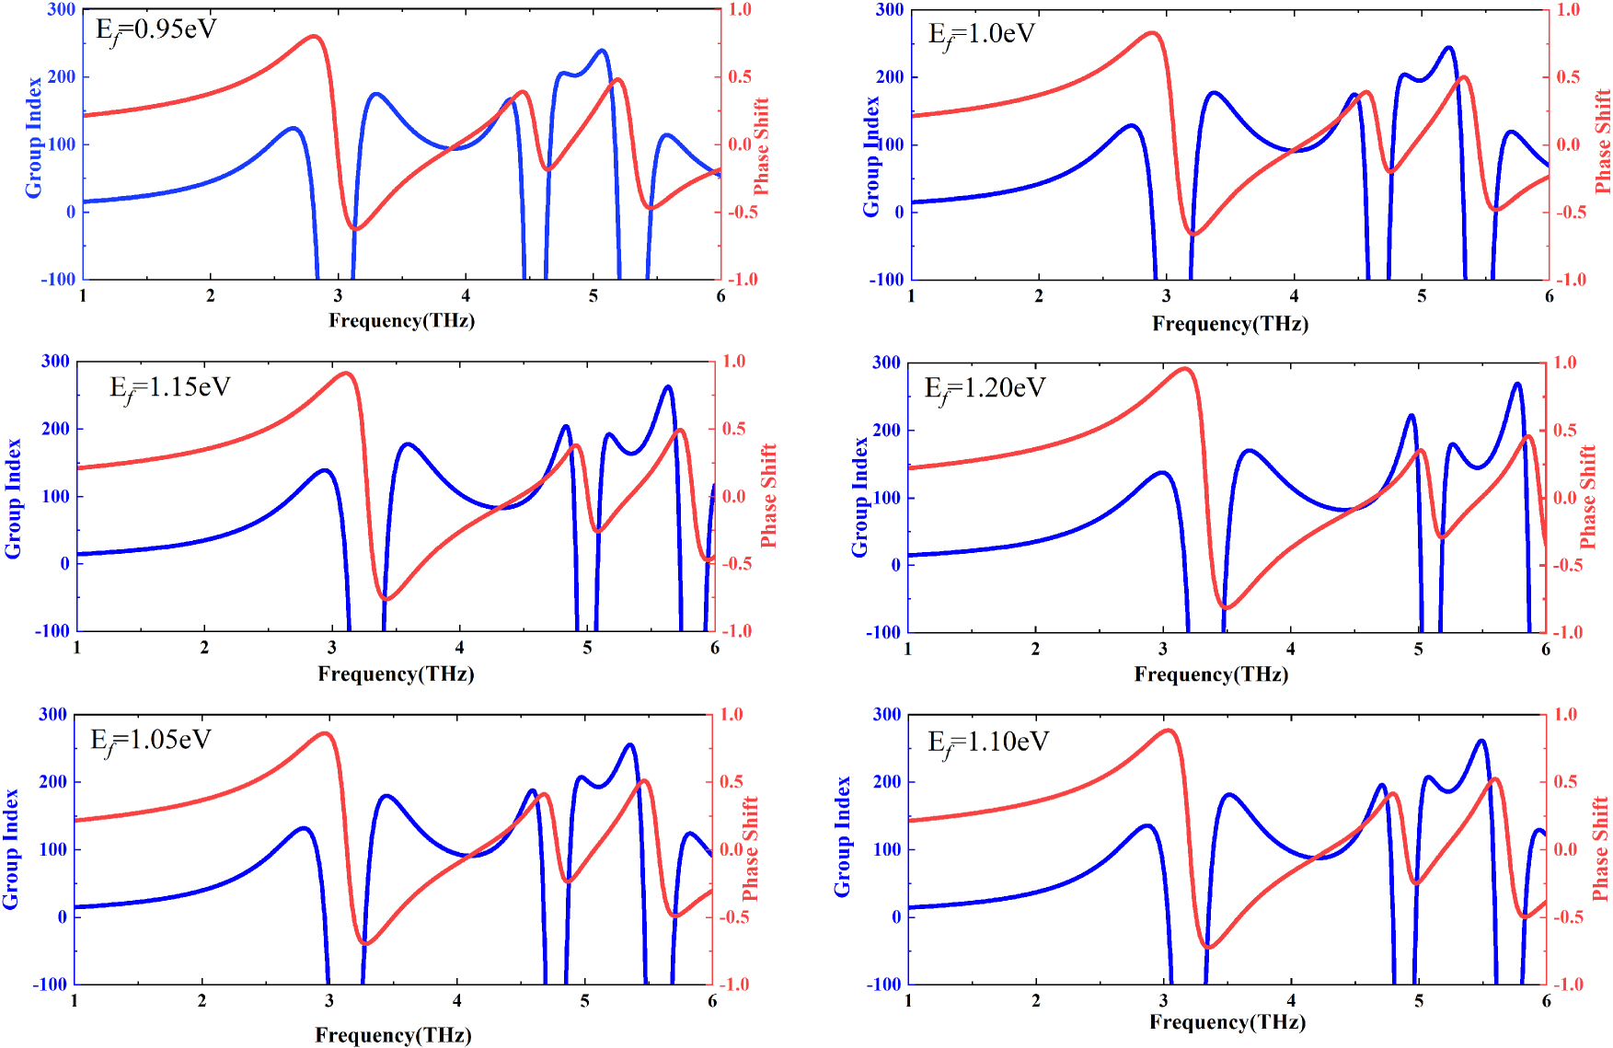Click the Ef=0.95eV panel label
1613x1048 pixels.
click(x=156, y=30)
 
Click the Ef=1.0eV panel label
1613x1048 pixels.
click(x=982, y=35)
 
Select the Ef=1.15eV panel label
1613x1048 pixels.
click(x=170, y=387)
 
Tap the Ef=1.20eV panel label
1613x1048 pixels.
click(x=985, y=388)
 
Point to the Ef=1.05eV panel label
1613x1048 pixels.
click(x=151, y=741)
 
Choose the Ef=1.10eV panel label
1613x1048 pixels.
click(x=988, y=743)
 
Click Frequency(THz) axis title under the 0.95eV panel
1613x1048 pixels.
click(x=401, y=320)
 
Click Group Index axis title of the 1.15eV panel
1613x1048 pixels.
click(x=13, y=498)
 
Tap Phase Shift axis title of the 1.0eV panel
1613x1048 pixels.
click(x=1602, y=141)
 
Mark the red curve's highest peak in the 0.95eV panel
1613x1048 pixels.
click(x=314, y=37)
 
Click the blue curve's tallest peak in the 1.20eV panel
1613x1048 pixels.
click(x=1517, y=384)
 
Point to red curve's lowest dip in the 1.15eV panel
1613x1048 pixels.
click(x=386, y=599)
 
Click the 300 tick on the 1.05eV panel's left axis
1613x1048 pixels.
click(x=52, y=714)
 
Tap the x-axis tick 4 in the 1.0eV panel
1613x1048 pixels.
click(x=1294, y=295)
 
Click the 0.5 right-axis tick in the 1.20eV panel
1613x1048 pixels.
click(x=1565, y=430)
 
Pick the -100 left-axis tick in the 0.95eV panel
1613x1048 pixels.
click(x=57, y=279)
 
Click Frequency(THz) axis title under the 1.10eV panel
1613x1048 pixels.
click(x=1227, y=1021)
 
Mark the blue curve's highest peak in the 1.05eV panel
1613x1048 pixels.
click(x=630, y=744)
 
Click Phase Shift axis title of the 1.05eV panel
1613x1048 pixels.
click(x=750, y=848)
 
